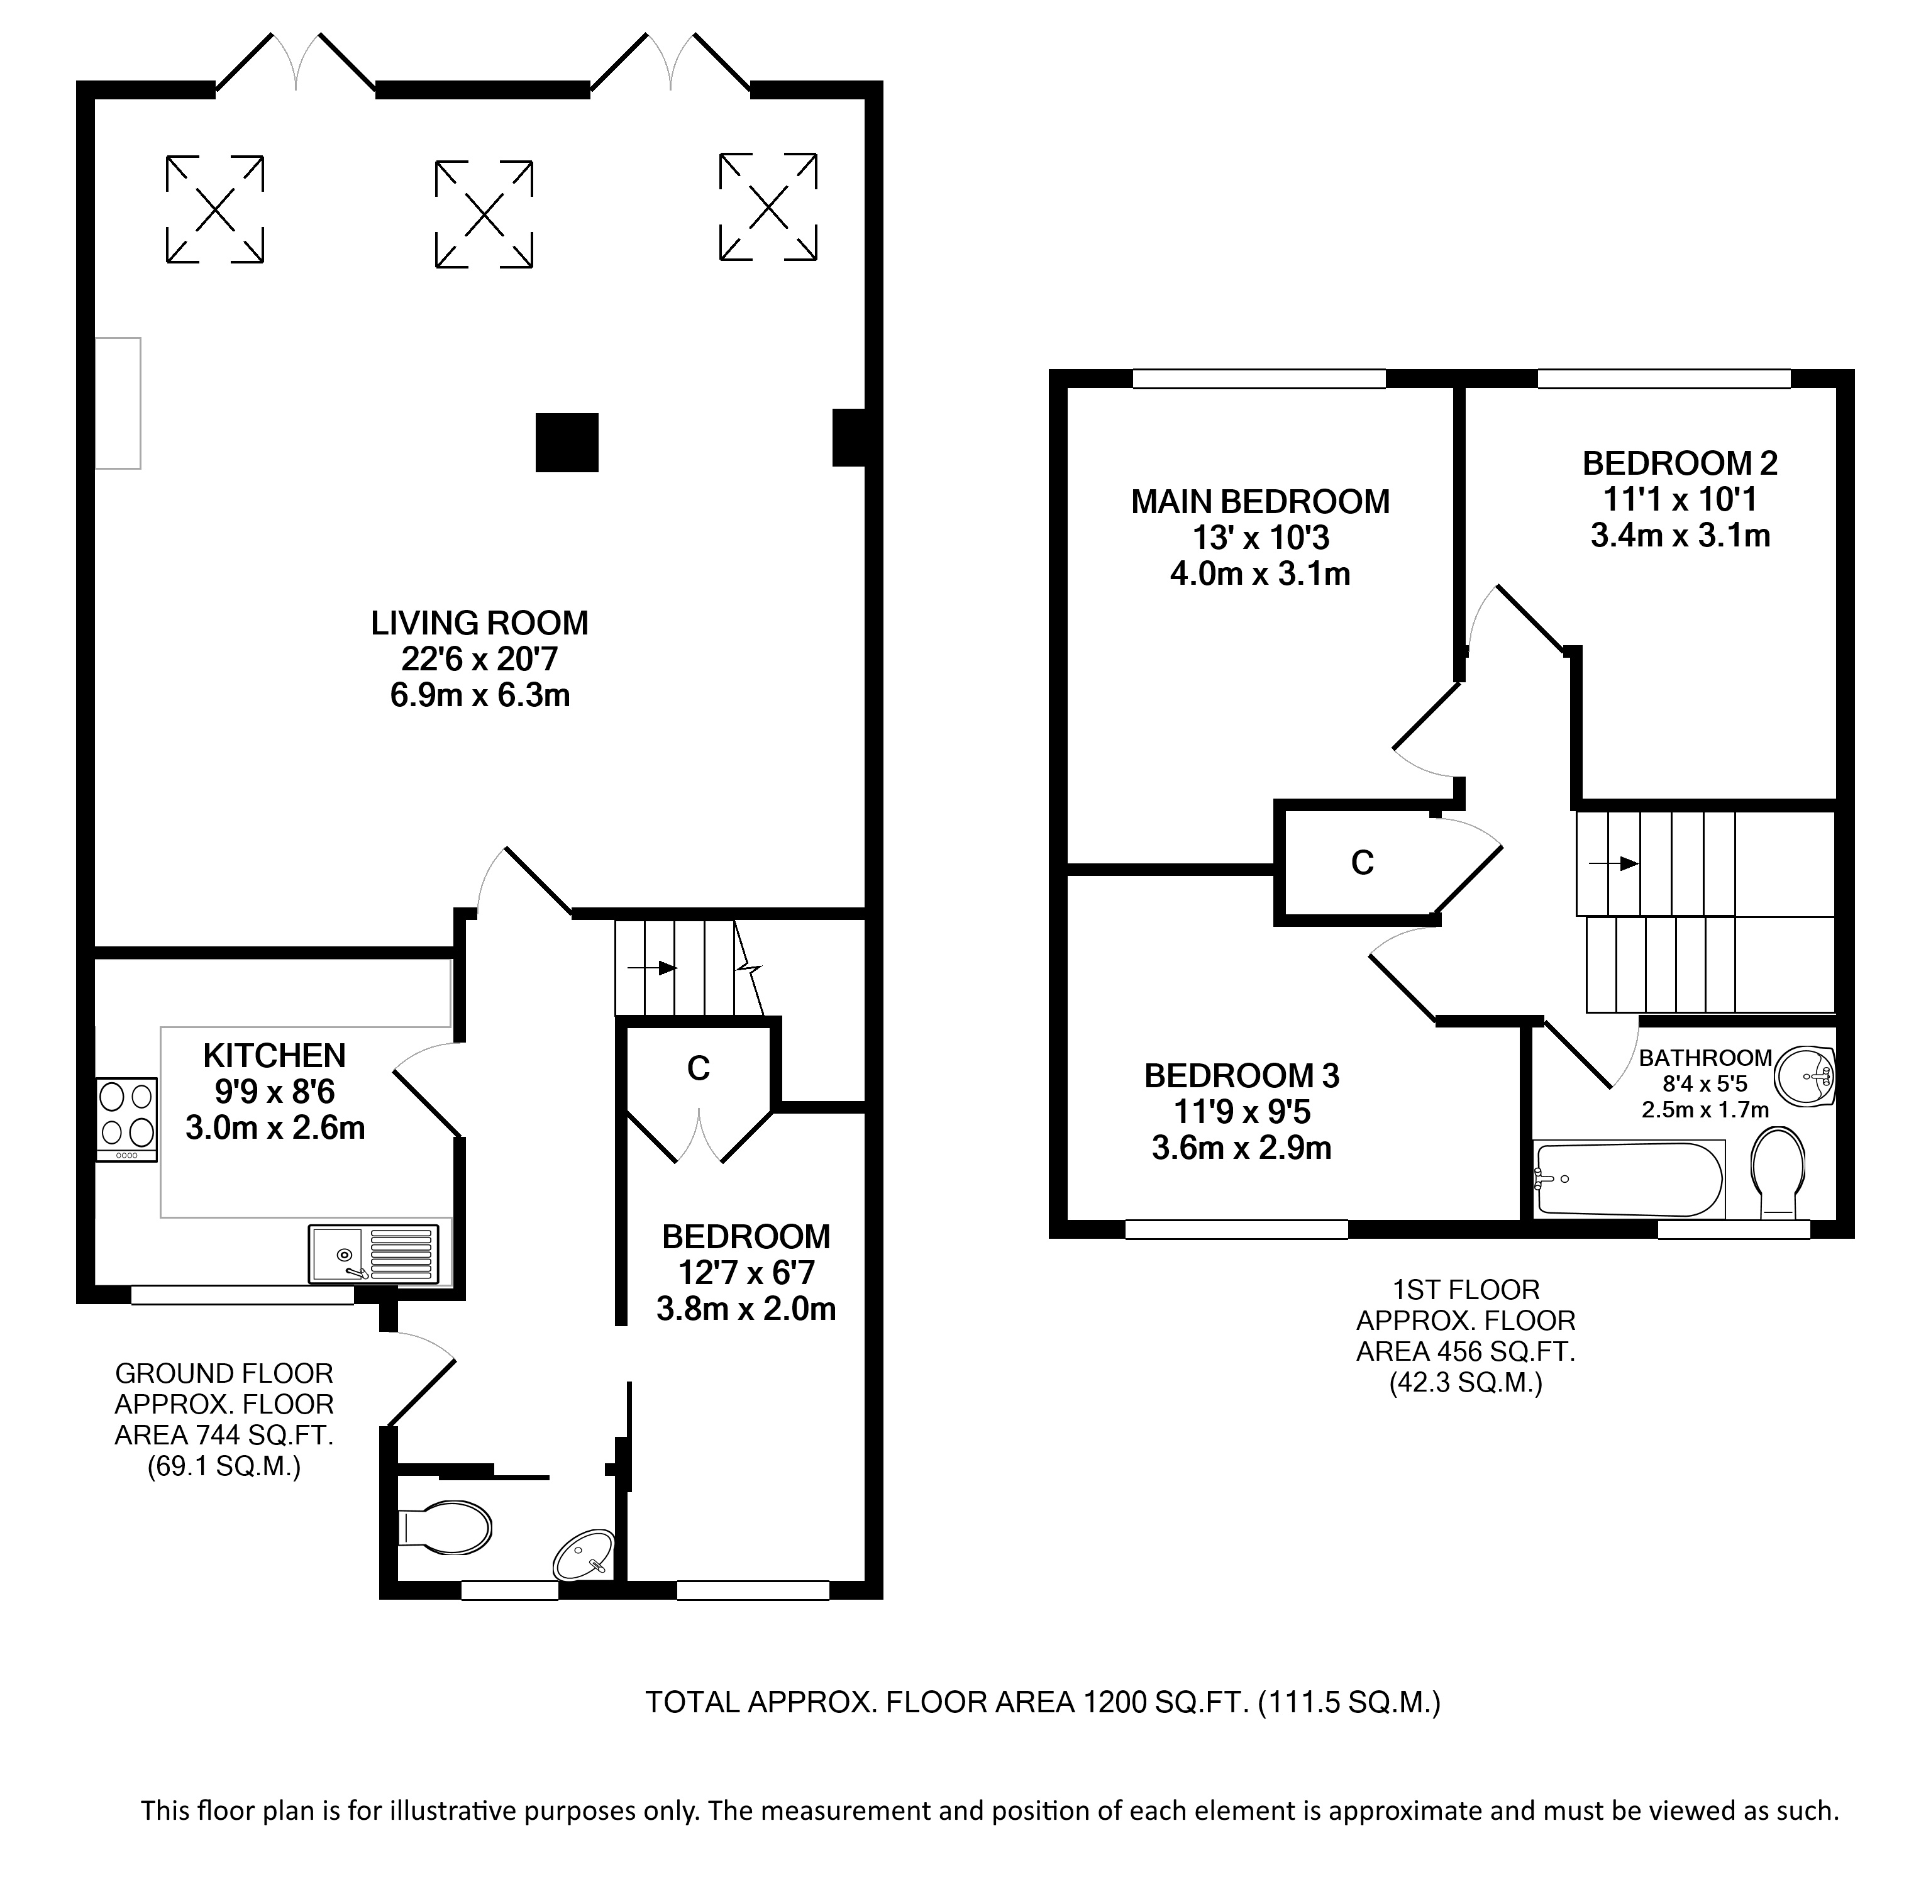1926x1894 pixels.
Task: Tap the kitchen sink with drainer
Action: pos(373,1253)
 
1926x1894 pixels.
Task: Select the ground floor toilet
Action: pos(444,1527)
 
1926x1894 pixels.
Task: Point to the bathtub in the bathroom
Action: pos(1630,1180)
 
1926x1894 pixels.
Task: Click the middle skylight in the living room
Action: pos(484,214)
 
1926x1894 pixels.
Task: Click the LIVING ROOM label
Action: pos(480,623)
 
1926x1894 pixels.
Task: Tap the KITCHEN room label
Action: pos(275,1055)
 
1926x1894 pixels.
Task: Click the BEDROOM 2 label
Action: pos(1680,463)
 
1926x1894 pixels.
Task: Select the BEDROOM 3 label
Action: pos(1241,1075)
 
